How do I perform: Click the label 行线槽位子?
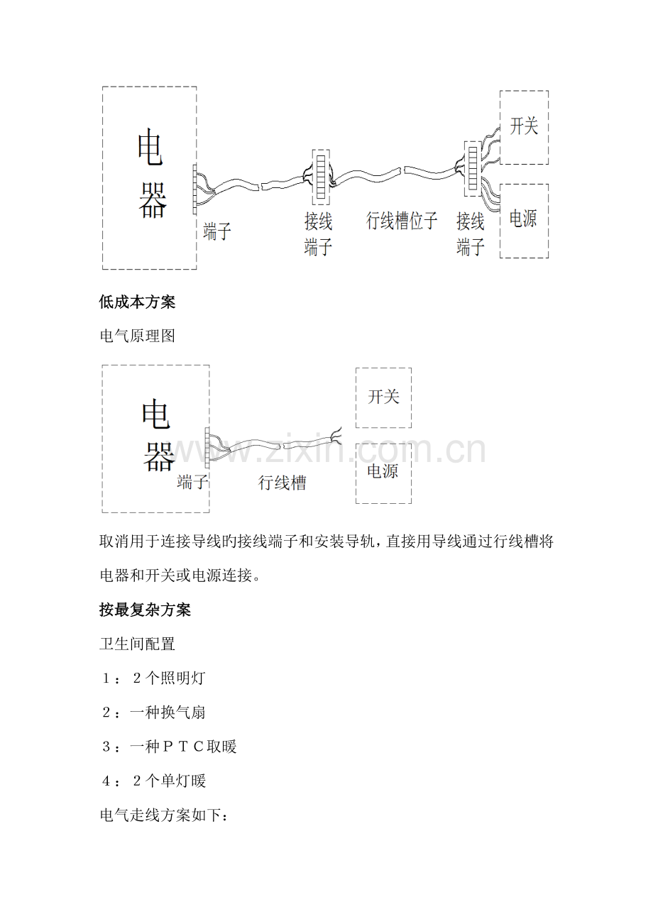(x=401, y=221)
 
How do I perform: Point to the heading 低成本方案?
(x=138, y=302)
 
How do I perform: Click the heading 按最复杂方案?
(x=145, y=610)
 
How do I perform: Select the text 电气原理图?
(x=138, y=336)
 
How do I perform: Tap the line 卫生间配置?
(x=138, y=644)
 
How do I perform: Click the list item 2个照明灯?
(x=153, y=678)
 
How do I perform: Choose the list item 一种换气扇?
(x=153, y=713)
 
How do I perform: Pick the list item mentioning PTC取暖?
(x=169, y=747)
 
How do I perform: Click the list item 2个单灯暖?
(x=153, y=781)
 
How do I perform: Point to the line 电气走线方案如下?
(x=164, y=815)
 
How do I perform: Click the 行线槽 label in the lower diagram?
(x=282, y=483)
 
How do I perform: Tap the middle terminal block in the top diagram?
(x=321, y=177)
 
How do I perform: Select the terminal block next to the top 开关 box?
(x=472, y=169)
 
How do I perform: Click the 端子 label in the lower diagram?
(x=192, y=481)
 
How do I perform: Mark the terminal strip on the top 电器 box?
(x=194, y=189)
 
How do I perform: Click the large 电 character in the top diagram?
(x=150, y=147)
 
